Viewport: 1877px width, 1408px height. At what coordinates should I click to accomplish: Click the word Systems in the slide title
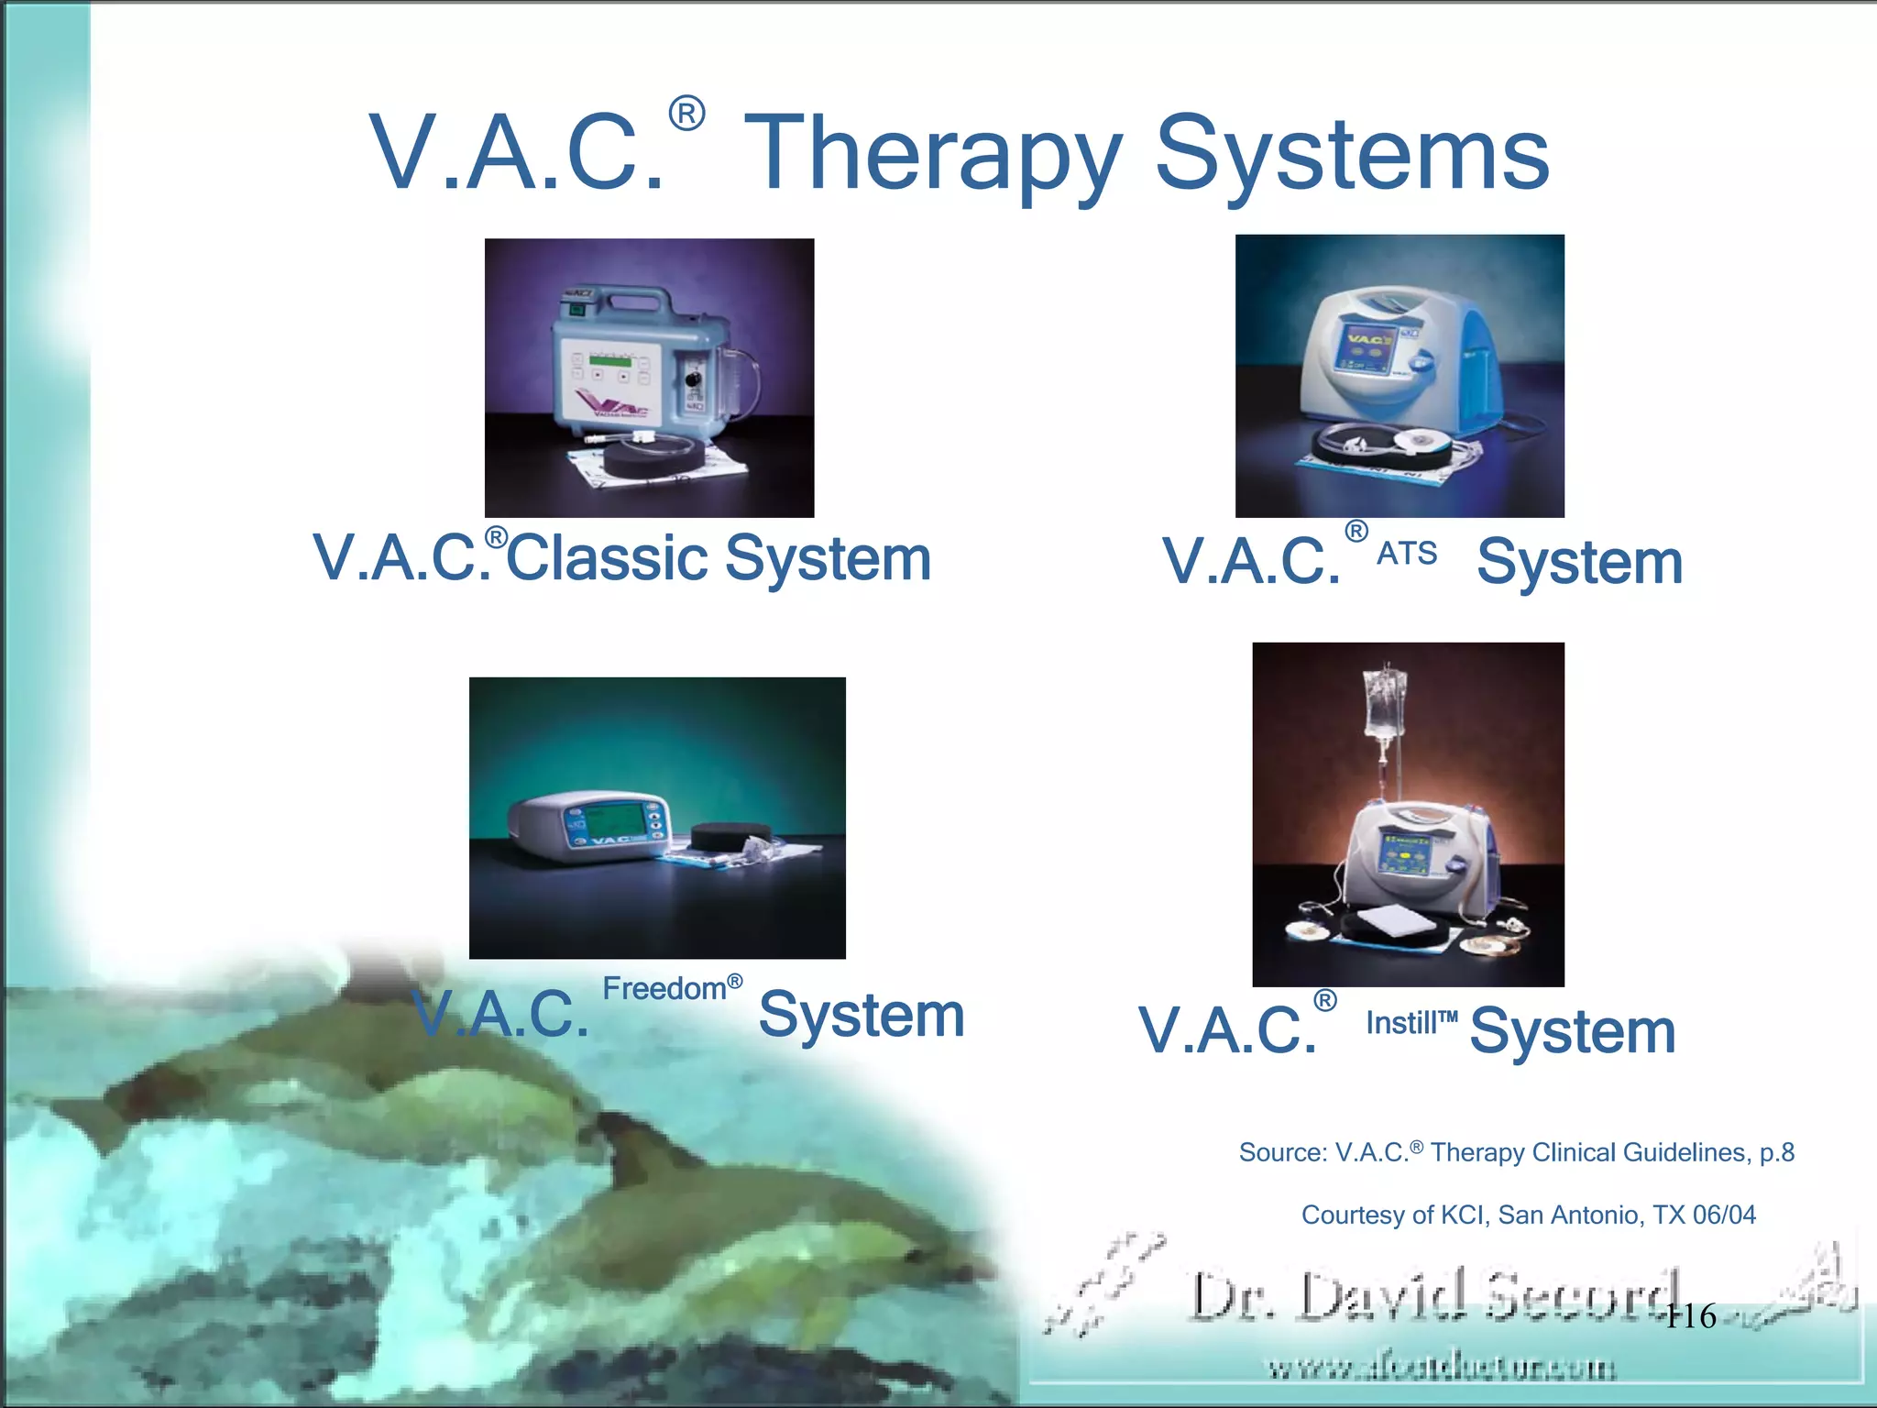[1352, 156]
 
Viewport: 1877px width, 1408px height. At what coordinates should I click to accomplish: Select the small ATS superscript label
[1407, 554]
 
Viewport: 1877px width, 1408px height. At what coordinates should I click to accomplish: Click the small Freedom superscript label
[665, 989]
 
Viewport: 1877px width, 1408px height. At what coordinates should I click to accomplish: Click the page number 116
[1690, 1316]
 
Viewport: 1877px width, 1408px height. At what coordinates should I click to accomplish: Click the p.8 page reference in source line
[1776, 1152]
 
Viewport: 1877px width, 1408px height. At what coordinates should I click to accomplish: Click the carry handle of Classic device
[623, 298]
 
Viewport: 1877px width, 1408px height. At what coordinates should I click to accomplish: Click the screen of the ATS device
[1366, 352]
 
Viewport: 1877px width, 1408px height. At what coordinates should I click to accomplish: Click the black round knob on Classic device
[694, 379]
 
